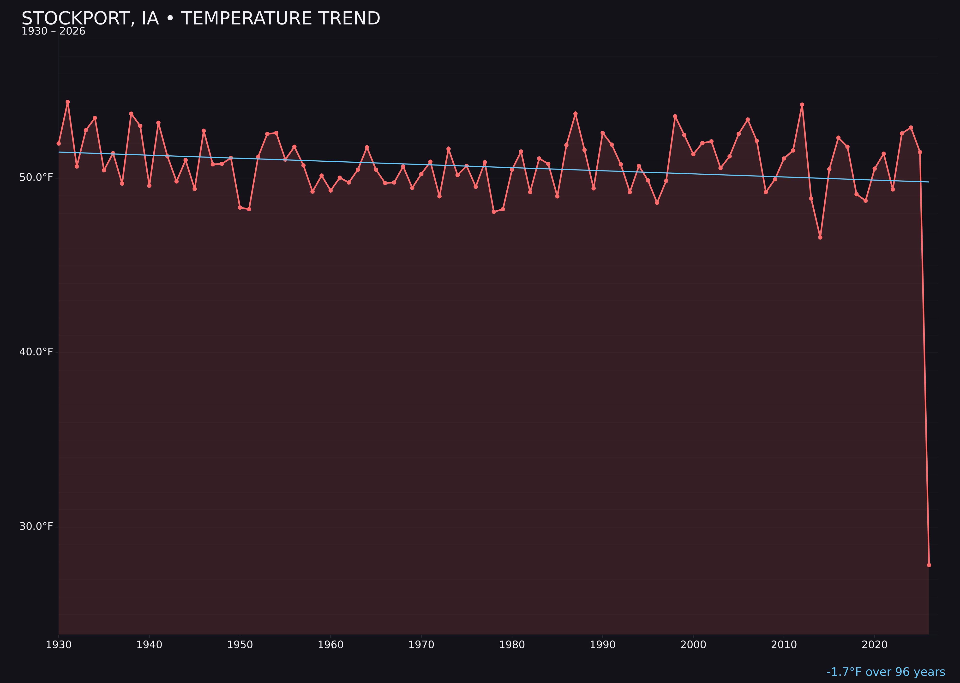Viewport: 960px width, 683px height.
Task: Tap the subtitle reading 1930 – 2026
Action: coord(53,31)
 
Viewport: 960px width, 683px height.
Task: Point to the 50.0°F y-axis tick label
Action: coord(36,177)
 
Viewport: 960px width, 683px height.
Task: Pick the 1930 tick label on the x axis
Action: coord(58,645)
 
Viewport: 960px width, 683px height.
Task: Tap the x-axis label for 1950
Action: coord(240,645)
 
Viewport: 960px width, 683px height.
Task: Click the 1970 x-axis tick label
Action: coord(421,645)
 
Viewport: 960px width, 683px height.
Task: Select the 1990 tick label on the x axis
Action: coord(602,645)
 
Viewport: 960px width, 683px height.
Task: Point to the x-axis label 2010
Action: coord(784,645)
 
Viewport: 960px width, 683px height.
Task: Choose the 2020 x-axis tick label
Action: coord(874,645)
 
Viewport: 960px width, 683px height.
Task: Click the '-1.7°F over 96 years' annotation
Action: coord(886,672)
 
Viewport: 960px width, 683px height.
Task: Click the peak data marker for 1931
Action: coord(68,102)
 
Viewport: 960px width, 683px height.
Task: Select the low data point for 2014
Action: coord(820,238)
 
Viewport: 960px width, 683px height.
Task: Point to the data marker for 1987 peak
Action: coord(576,114)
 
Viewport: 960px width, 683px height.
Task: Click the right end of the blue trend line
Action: coord(929,182)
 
